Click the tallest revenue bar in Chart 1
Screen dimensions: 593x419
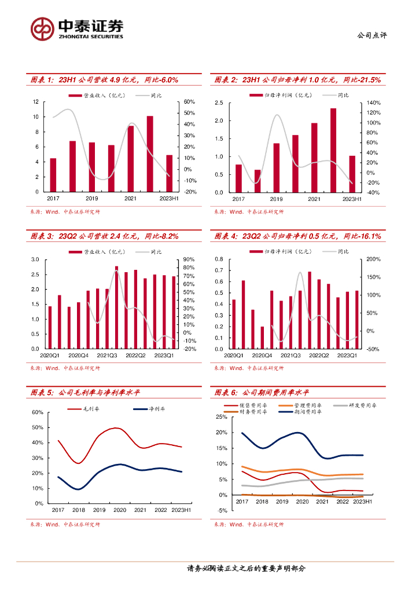click(x=150, y=153)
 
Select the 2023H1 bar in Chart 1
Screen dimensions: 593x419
click(x=169, y=173)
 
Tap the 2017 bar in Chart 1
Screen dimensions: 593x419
click(x=53, y=174)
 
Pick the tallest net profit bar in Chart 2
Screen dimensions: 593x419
click(x=333, y=150)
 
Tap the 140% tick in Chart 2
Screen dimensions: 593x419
click(x=373, y=103)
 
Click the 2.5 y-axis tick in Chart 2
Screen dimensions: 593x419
click(x=219, y=103)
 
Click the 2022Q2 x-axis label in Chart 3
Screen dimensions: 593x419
click(x=135, y=356)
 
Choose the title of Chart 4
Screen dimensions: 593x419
click(x=297, y=236)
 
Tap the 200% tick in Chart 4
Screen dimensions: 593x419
click(x=373, y=259)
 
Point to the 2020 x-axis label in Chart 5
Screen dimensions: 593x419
click(x=119, y=510)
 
